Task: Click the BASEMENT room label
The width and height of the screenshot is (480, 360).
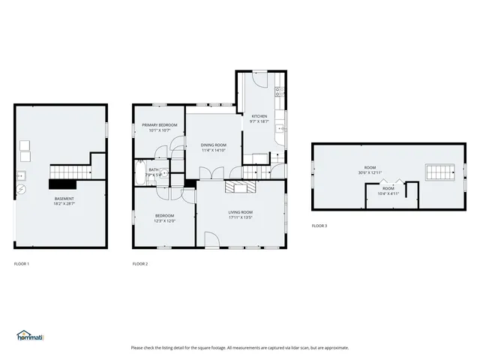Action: pyautogui.click(x=64, y=198)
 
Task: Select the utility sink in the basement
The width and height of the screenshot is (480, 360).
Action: pyautogui.click(x=20, y=176)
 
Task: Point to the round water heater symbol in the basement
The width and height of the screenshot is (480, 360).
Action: pyautogui.click(x=21, y=189)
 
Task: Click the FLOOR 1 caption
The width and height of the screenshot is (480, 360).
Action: pyautogui.click(x=22, y=264)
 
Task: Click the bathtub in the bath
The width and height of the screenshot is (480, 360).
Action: pyautogui.click(x=142, y=179)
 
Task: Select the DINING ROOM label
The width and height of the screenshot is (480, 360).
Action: pyautogui.click(x=213, y=145)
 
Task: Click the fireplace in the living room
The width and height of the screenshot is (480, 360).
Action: pyautogui.click(x=241, y=186)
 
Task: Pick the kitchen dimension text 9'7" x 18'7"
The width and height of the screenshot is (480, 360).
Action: pyautogui.click(x=259, y=121)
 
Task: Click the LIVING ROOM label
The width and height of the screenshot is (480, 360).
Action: pyautogui.click(x=240, y=212)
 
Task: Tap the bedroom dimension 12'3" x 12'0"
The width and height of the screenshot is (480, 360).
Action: pyautogui.click(x=164, y=220)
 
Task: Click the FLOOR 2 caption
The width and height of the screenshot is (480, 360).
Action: pyautogui.click(x=140, y=264)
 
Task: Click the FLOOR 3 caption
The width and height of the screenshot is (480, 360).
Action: pyautogui.click(x=319, y=226)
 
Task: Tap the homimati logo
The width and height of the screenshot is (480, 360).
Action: pyautogui.click(x=29, y=335)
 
